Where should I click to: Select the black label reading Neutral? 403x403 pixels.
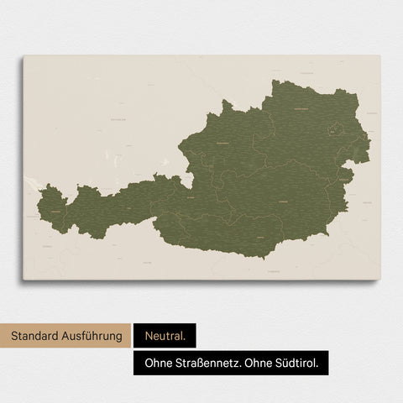click(x=164, y=337)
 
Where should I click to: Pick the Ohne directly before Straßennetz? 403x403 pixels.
click(x=158, y=364)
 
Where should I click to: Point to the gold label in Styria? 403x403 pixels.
click(x=283, y=202)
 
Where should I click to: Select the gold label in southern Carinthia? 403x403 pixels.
click(x=260, y=238)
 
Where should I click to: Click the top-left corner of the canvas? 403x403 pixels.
click(x=24, y=56)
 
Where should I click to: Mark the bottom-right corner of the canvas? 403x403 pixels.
click(x=379, y=279)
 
